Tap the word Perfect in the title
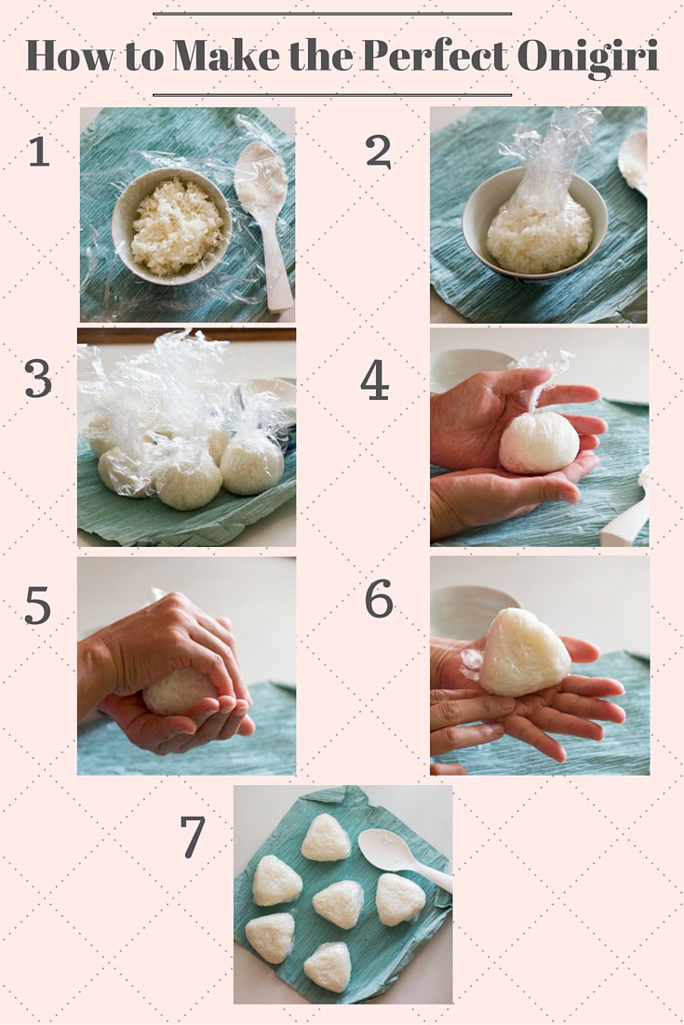435,56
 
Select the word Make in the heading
226,56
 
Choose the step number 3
38,379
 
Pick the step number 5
38,605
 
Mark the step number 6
379,598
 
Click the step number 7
193,837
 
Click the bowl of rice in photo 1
172,225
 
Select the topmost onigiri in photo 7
326,837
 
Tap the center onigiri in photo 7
338,903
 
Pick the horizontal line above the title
332,13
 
